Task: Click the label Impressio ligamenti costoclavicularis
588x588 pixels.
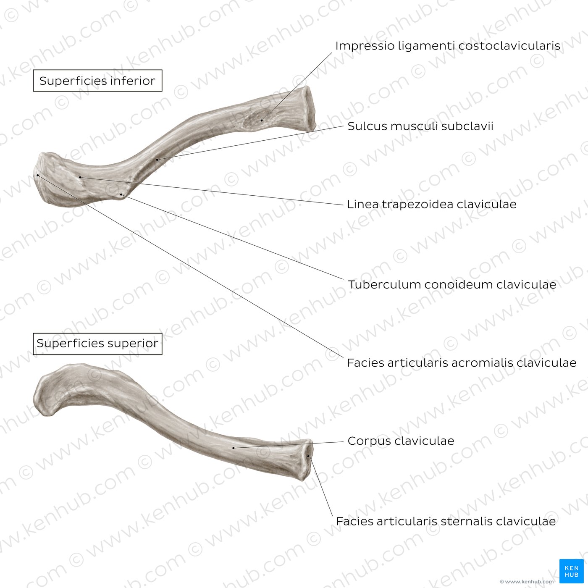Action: (x=448, y=46)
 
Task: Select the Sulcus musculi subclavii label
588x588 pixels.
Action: (x=420, y=126)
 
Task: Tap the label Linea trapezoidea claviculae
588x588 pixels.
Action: (x=432, y=204)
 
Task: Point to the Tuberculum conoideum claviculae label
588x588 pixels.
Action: (x=452, y=284)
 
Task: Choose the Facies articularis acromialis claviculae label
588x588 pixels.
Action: (x=462, y=362)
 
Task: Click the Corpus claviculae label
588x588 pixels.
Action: (x=401, y=441)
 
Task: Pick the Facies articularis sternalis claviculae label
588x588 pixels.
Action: (x=446, y=521)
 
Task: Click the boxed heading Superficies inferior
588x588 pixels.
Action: (x=97, y=81)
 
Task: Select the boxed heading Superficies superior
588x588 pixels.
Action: (x=97, y=344)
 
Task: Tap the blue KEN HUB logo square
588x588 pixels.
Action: (x=572, y=571)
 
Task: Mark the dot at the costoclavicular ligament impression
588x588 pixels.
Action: (x=262, y=121)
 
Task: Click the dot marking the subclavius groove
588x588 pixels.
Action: (x=157, y=160)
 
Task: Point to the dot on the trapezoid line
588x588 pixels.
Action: (x=80, y=177)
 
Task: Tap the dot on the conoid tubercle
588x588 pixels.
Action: (x=121, y=194)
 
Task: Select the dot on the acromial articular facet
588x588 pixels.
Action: (x=37, y=175)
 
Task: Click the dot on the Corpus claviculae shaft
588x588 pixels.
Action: (x=234, y=448)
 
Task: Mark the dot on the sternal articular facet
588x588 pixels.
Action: (x=308, y=456)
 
